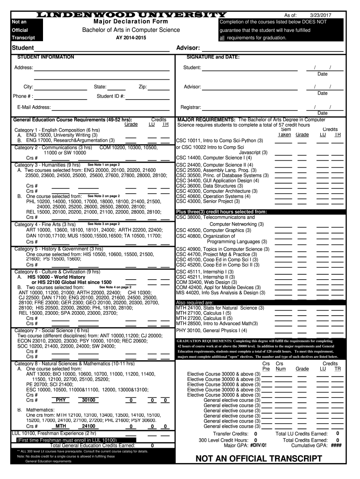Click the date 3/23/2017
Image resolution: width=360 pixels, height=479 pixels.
click(320, 15)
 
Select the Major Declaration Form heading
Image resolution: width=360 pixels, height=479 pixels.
click(131, 22)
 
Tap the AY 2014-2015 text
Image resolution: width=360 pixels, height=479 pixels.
click(131, 37)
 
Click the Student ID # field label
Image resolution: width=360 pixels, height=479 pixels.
click(110, 96)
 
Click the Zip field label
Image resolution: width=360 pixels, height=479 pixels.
click(143, 87)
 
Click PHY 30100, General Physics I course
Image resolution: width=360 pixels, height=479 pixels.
click(211, 330)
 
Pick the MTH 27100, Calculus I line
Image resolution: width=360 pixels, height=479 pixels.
click(203, 313)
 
